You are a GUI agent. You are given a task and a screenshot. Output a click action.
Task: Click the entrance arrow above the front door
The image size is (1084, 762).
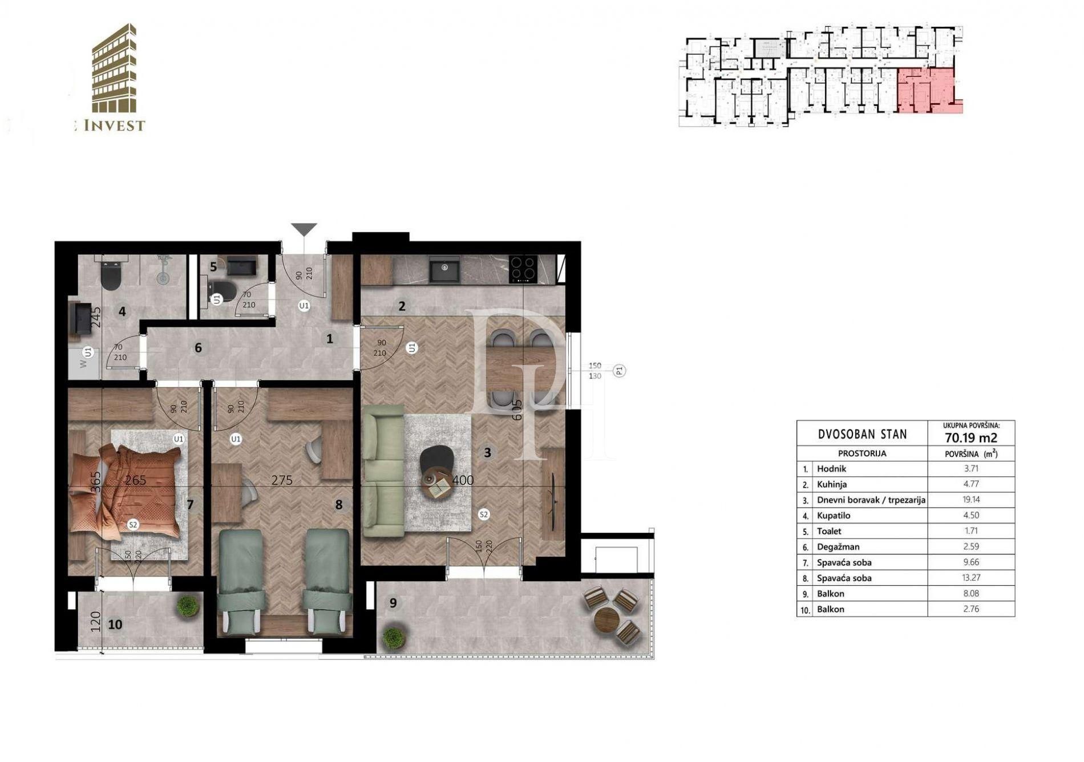click(304, 229)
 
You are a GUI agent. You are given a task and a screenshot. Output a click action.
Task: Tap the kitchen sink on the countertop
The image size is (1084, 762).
click(444, 269)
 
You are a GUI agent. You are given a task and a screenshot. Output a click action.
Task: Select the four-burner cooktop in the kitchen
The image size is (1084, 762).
click(523, 269)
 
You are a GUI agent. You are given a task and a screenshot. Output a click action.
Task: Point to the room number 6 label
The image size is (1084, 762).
click(198, 347)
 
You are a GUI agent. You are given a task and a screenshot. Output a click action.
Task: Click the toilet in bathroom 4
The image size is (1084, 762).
click(109, 276)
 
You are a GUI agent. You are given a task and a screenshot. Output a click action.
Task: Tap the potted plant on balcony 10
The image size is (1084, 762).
click(187, 606)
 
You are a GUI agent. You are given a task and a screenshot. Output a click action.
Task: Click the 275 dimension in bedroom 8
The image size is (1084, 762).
click(282, 480)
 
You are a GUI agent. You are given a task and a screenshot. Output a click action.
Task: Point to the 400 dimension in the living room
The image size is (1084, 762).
click(463, 480)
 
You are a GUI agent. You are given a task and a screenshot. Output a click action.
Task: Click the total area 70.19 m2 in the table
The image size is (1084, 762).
click(970, 437)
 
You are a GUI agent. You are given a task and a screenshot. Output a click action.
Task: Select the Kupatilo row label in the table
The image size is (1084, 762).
click(834, 515)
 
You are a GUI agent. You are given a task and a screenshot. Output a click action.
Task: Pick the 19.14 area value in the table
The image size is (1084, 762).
click(970, 499)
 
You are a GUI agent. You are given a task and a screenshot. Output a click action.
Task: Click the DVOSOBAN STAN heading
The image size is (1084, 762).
click(862, 434)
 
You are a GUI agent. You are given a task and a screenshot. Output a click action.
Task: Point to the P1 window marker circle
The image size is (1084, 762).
click(620, 371)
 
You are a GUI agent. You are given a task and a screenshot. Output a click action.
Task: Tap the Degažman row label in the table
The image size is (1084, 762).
click(838, 546)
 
